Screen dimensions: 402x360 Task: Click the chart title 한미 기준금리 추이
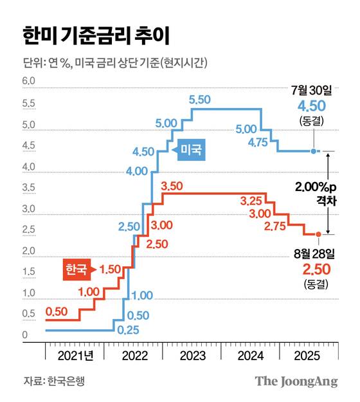click(96, 35)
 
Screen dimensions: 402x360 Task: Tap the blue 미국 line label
click(191, 150)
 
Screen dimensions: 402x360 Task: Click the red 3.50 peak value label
click(172, 187)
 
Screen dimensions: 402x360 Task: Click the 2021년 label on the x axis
click(74, 355)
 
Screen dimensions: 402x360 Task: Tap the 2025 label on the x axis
click(309, 355)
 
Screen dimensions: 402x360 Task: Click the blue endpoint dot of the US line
click(313, 151)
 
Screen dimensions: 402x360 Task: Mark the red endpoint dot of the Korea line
click(318, 235)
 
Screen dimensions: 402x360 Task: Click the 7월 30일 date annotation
click(313, 87)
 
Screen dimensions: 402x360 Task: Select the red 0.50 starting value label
click(57, 311)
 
